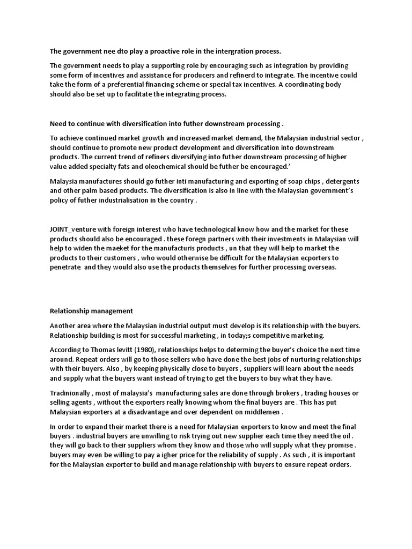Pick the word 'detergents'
point(341,181)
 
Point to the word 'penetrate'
point(65,268)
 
